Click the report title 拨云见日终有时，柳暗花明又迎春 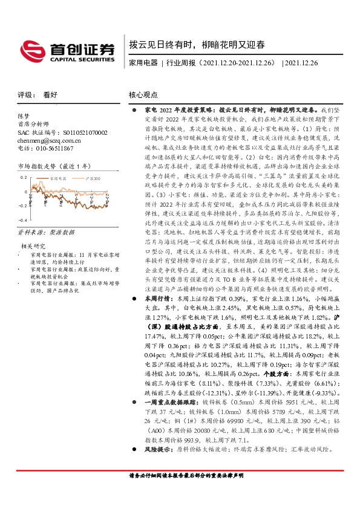pyautogui.click(x=197, y=45)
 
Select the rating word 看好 pyautogui.click(x=51, y=95)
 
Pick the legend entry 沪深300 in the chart pyautogui.click(x=93, y=179)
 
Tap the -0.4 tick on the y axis pyautogui.click(x=23, y=221)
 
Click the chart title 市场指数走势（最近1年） pyautogui.click(x=54, y=166)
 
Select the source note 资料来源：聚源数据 pyautogui.click(x=45, y=232)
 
